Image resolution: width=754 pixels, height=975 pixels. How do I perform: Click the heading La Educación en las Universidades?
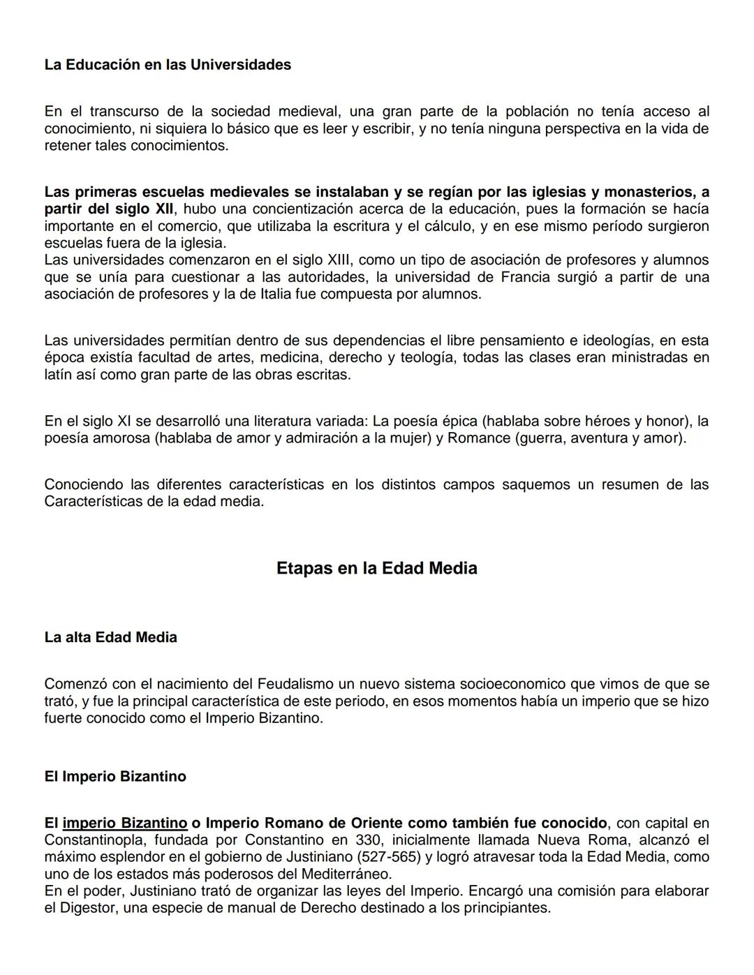tap(168, 65)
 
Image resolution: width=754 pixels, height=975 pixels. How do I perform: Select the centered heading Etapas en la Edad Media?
tap(376, 568)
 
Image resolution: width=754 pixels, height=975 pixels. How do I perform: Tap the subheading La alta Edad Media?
tap(110, 637)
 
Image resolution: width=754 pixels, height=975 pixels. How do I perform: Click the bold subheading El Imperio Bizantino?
tap(115, 777)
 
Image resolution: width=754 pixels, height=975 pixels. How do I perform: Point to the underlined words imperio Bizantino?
tap(125, 823)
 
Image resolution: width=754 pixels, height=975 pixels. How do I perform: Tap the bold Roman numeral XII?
tap(162, 209)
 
